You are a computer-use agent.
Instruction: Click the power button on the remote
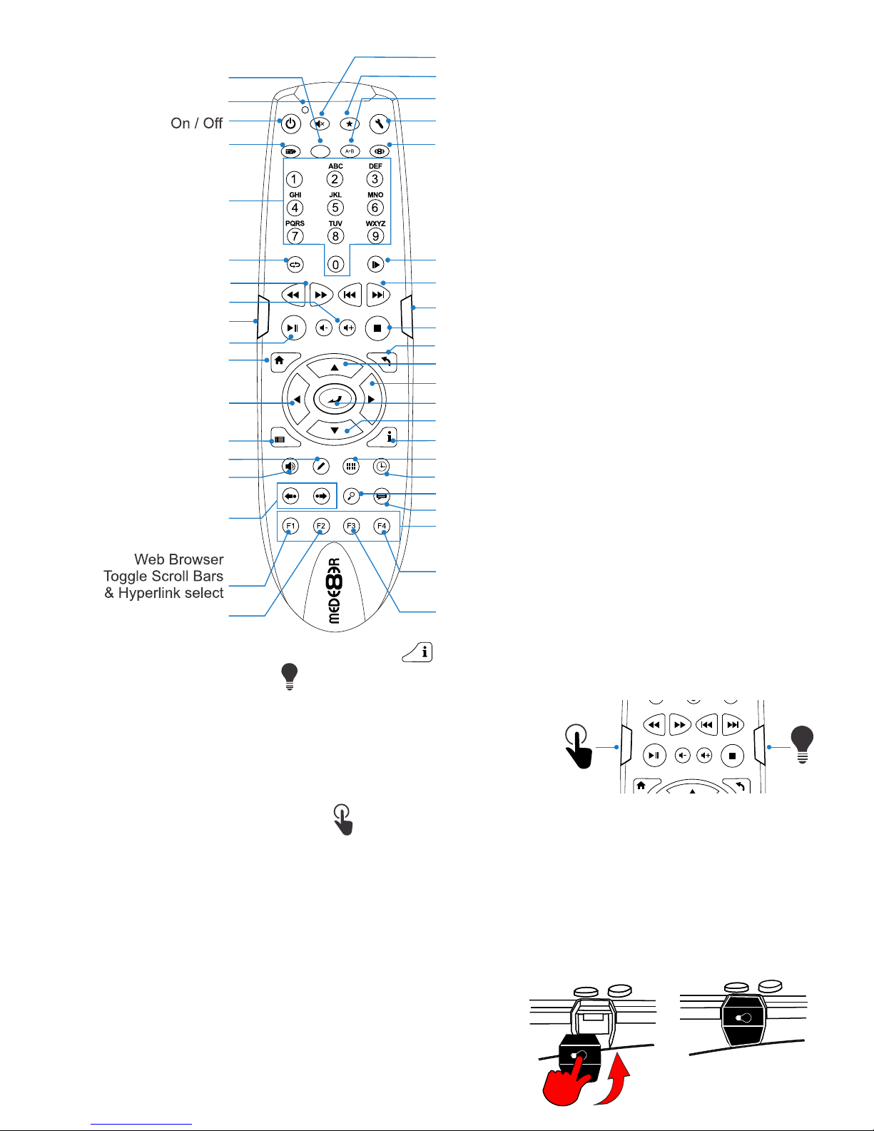point(290,124)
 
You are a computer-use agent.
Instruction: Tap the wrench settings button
point(380,124)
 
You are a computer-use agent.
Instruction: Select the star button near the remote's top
point(350,124)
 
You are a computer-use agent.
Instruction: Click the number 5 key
point(335,208)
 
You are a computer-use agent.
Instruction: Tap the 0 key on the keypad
point(335,265)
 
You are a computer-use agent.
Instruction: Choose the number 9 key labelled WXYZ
point(375,235)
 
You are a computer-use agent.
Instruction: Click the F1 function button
point(290,526)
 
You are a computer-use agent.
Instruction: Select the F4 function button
point(382,526)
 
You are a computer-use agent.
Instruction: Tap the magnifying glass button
point(352,497)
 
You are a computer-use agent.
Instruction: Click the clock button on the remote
point(381,467)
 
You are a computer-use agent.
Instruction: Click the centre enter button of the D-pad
point(335,400)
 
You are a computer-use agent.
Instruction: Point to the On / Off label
point(197,123)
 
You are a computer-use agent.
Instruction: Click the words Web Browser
point(179,559)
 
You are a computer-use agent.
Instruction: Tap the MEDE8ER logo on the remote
point(335,591)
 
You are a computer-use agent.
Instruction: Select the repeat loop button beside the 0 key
point(295,265)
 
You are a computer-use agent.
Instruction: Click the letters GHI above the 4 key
point(295,195)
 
